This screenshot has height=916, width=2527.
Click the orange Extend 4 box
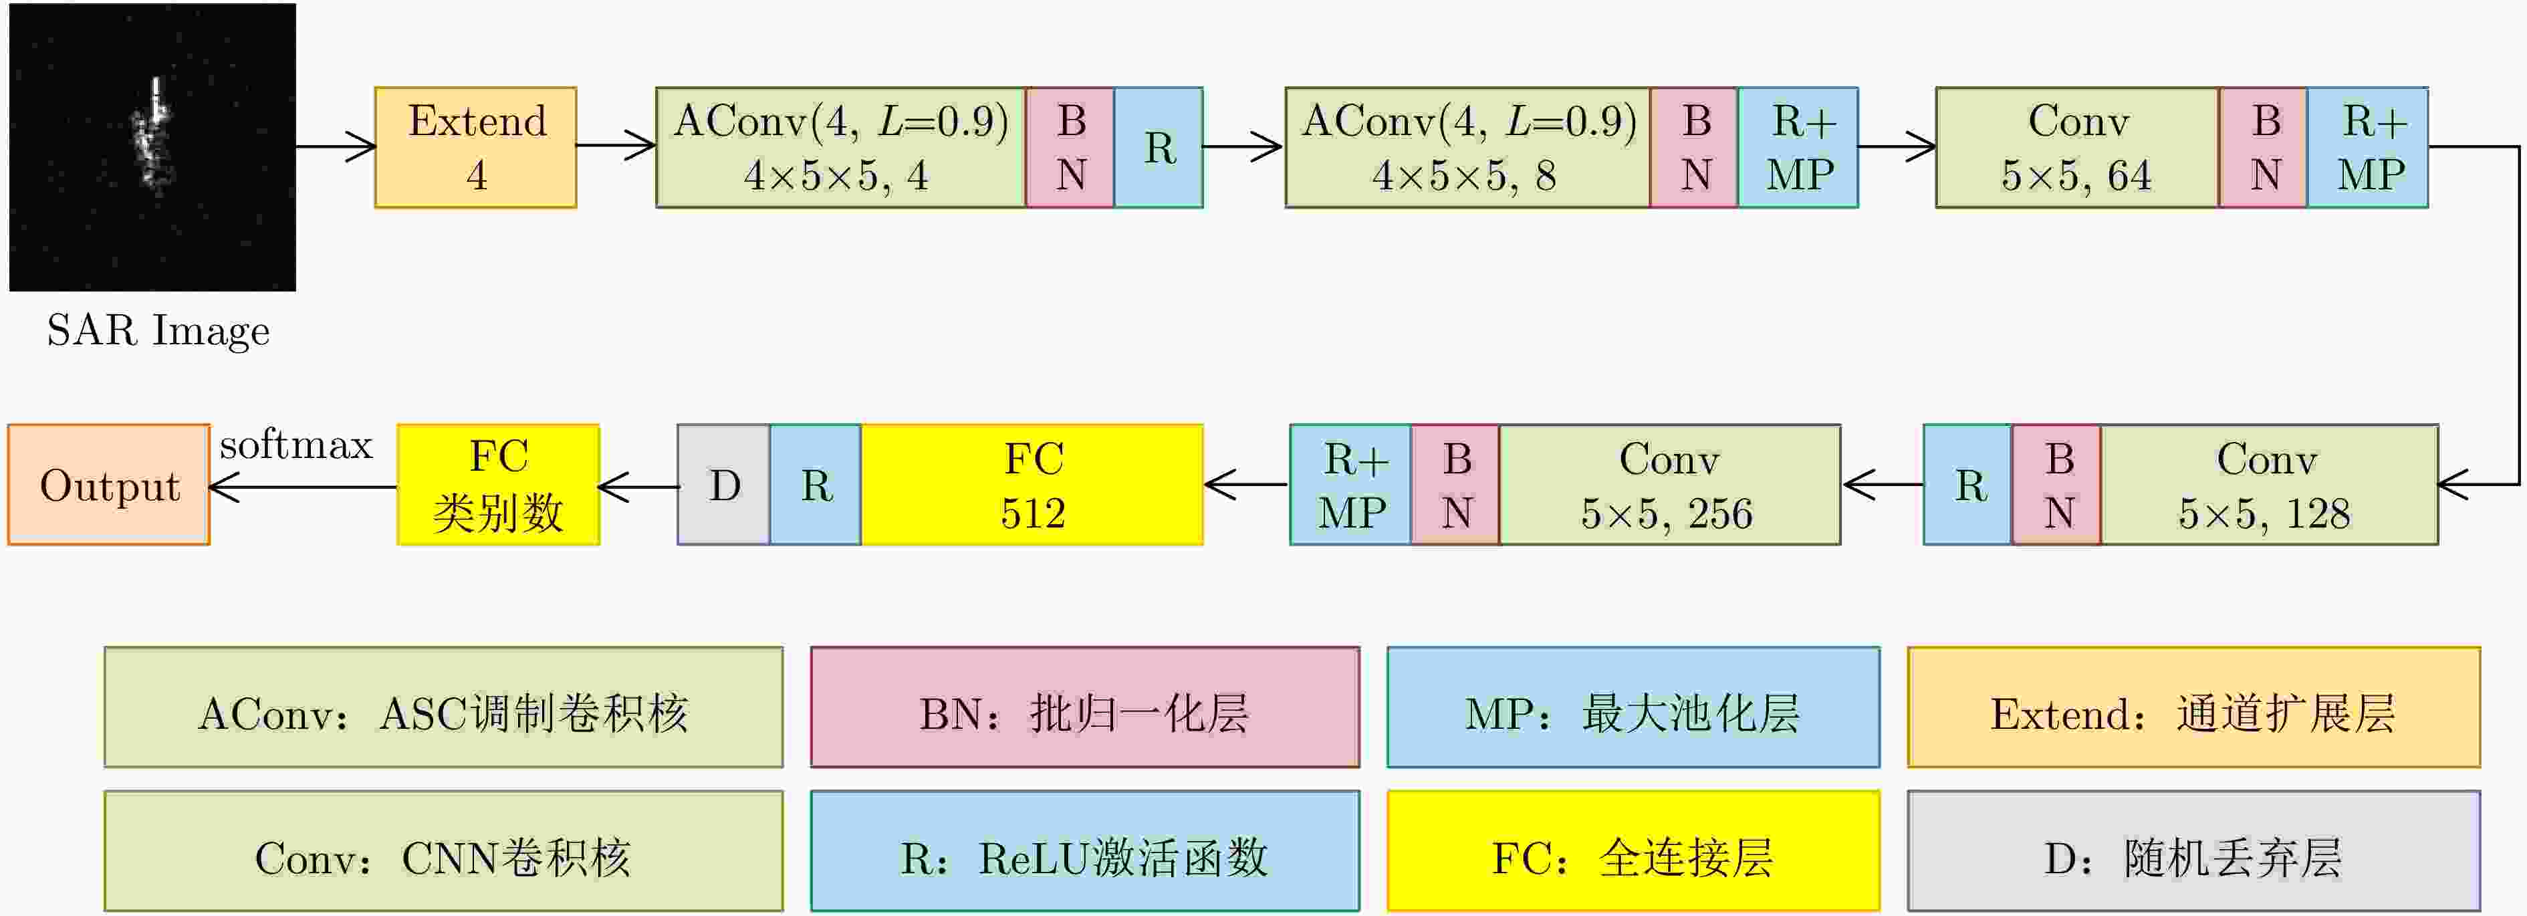tap(476, 147)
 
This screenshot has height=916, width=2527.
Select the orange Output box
tap(109, 485)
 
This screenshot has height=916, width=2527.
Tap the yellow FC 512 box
tap(1032, 485)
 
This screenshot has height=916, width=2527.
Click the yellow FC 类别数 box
tap(498, 485)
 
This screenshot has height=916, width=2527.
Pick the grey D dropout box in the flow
tap(724, 485)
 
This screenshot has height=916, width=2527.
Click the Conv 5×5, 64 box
tap(2076, 147)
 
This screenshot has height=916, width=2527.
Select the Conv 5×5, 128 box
tap(2268, 485)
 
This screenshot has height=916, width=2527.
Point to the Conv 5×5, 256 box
tap(1669, 485)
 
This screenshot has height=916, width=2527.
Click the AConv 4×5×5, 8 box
tap(1467, 147)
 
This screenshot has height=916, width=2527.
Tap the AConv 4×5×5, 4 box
tap(841, 147)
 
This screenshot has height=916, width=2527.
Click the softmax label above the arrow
tap(296, 445)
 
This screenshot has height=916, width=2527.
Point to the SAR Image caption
tap(158, 330)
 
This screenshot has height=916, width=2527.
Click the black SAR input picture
tap(152, 147)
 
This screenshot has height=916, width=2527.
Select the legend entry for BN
tap(1084, 707)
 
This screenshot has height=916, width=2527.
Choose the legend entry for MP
tap(1633, 707)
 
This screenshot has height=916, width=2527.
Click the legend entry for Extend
tap(2193, 707)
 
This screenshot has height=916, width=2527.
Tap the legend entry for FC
tap(1633, 851)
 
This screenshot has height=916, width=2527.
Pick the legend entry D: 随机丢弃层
tap(2193, 851)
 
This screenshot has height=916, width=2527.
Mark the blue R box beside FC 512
tap(815, 485)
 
